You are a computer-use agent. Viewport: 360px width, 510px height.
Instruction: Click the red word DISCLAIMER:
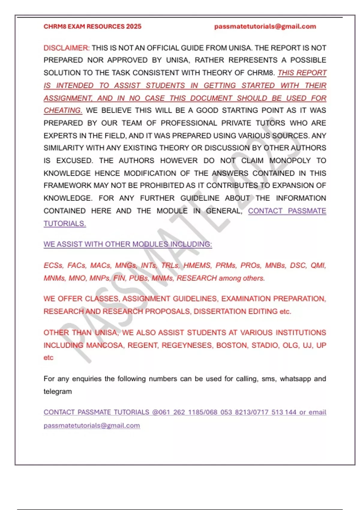point(66,48)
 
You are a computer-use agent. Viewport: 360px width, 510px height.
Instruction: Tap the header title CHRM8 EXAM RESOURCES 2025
point(92,26)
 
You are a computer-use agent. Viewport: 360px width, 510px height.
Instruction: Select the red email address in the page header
point(265,26)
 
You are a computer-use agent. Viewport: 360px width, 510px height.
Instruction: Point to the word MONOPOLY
point(290,160)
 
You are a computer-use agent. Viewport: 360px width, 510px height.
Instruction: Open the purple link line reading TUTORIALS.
point(65,223)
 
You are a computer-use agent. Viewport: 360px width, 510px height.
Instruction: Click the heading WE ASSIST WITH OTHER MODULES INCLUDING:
point(128,244)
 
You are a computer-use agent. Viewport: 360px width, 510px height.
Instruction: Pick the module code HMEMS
point(197,265)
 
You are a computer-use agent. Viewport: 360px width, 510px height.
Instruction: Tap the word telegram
point(58,391)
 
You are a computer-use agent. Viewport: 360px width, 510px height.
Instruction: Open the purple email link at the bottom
point(92,425)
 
